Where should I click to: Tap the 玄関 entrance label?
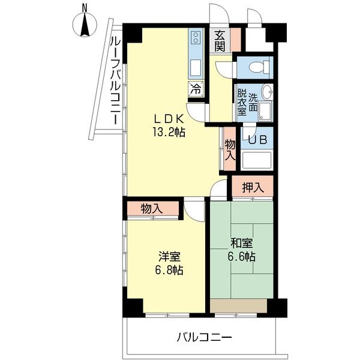pyautogui.click(x=221, y=41)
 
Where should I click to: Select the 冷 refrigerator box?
pyautogui.click(x=196, y=88)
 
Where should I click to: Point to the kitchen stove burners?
pyautogui.click(x=196, y=38)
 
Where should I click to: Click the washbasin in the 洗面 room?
pyautogui.click(x=267, y=92)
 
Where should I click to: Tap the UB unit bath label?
pyautogui.click(x=257, y=139)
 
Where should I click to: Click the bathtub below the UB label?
pyautogui.click(x=257, y=160)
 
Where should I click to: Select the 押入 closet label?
pyautogui.click(x=252, y=188)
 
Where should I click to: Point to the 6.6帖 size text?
pyautogui.click(x=242, y=257)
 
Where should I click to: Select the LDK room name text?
pyautogui.click(x=166, y=118)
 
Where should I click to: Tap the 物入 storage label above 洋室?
pyautogui.click(x=152, y=208)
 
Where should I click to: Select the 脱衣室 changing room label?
pyautogui.click(x=241, y=102)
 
